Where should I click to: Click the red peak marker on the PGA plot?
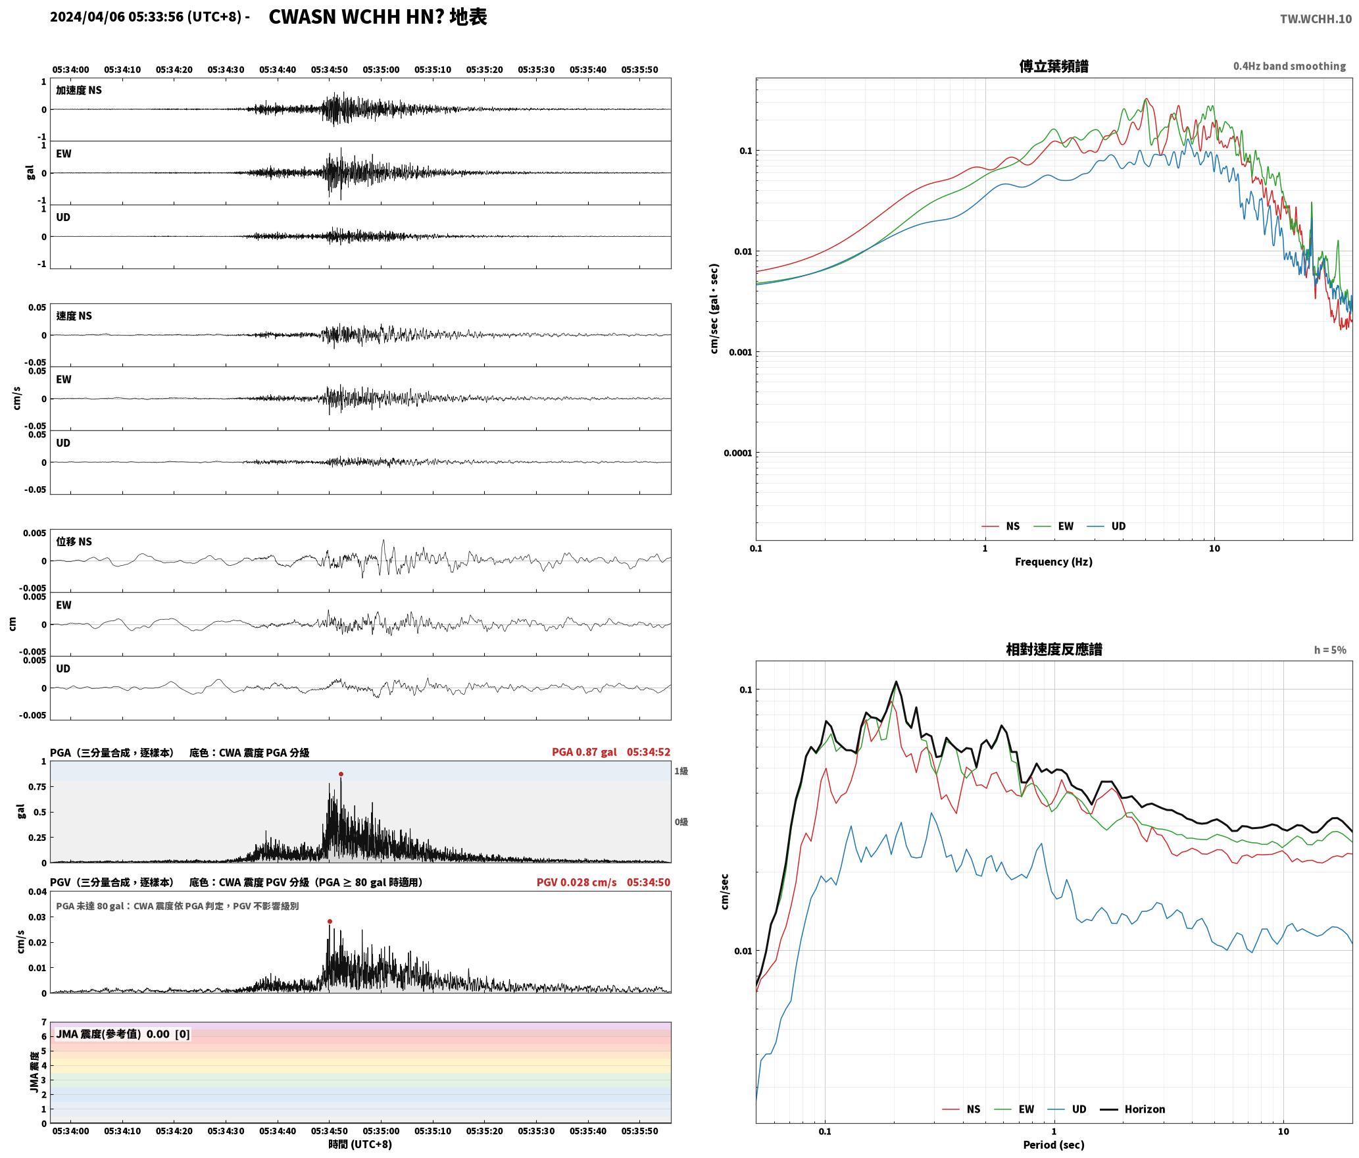341,774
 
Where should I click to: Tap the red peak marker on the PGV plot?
330,921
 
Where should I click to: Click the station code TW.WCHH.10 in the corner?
1316,19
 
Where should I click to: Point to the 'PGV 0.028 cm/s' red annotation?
577,882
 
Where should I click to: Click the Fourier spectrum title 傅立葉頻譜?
1053,66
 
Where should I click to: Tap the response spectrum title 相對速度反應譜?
1054,649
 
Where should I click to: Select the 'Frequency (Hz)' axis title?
1053,562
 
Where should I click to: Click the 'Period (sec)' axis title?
1053,1145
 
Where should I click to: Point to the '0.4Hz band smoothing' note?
1289,66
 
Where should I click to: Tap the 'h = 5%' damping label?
1330,650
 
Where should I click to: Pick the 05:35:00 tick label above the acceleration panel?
381,70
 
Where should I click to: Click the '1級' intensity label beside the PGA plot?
681,771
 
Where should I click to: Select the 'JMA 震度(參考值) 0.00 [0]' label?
123,1034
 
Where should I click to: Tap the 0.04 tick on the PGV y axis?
38,892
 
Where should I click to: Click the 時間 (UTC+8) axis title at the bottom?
360,1144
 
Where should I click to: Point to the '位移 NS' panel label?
74,541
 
